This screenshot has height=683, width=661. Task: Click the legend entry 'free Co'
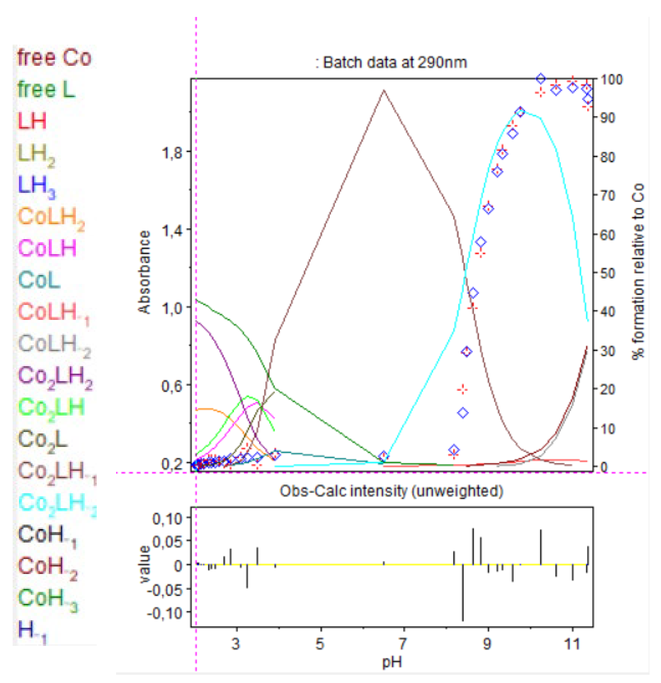(x=54, y=58)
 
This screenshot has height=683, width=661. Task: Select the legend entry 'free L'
(x=46, y=90)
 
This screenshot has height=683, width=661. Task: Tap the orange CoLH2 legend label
(x=51, y=217)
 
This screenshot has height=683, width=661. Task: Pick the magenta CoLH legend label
(x=47, y=249)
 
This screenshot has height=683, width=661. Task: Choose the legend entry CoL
(x=39, y=280)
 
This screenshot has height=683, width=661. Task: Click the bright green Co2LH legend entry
(x=51, y=408)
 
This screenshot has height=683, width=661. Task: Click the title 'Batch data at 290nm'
(x=391, y=63)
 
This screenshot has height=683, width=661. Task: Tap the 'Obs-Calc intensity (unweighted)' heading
(x=391, y=491)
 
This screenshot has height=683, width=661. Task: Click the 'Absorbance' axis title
(x=145, y=272)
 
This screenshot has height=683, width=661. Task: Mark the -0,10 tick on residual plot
(x=165, y=613)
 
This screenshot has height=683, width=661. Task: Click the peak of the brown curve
(x=383, y=91)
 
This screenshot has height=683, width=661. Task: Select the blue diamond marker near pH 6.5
(x=383, y=457)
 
